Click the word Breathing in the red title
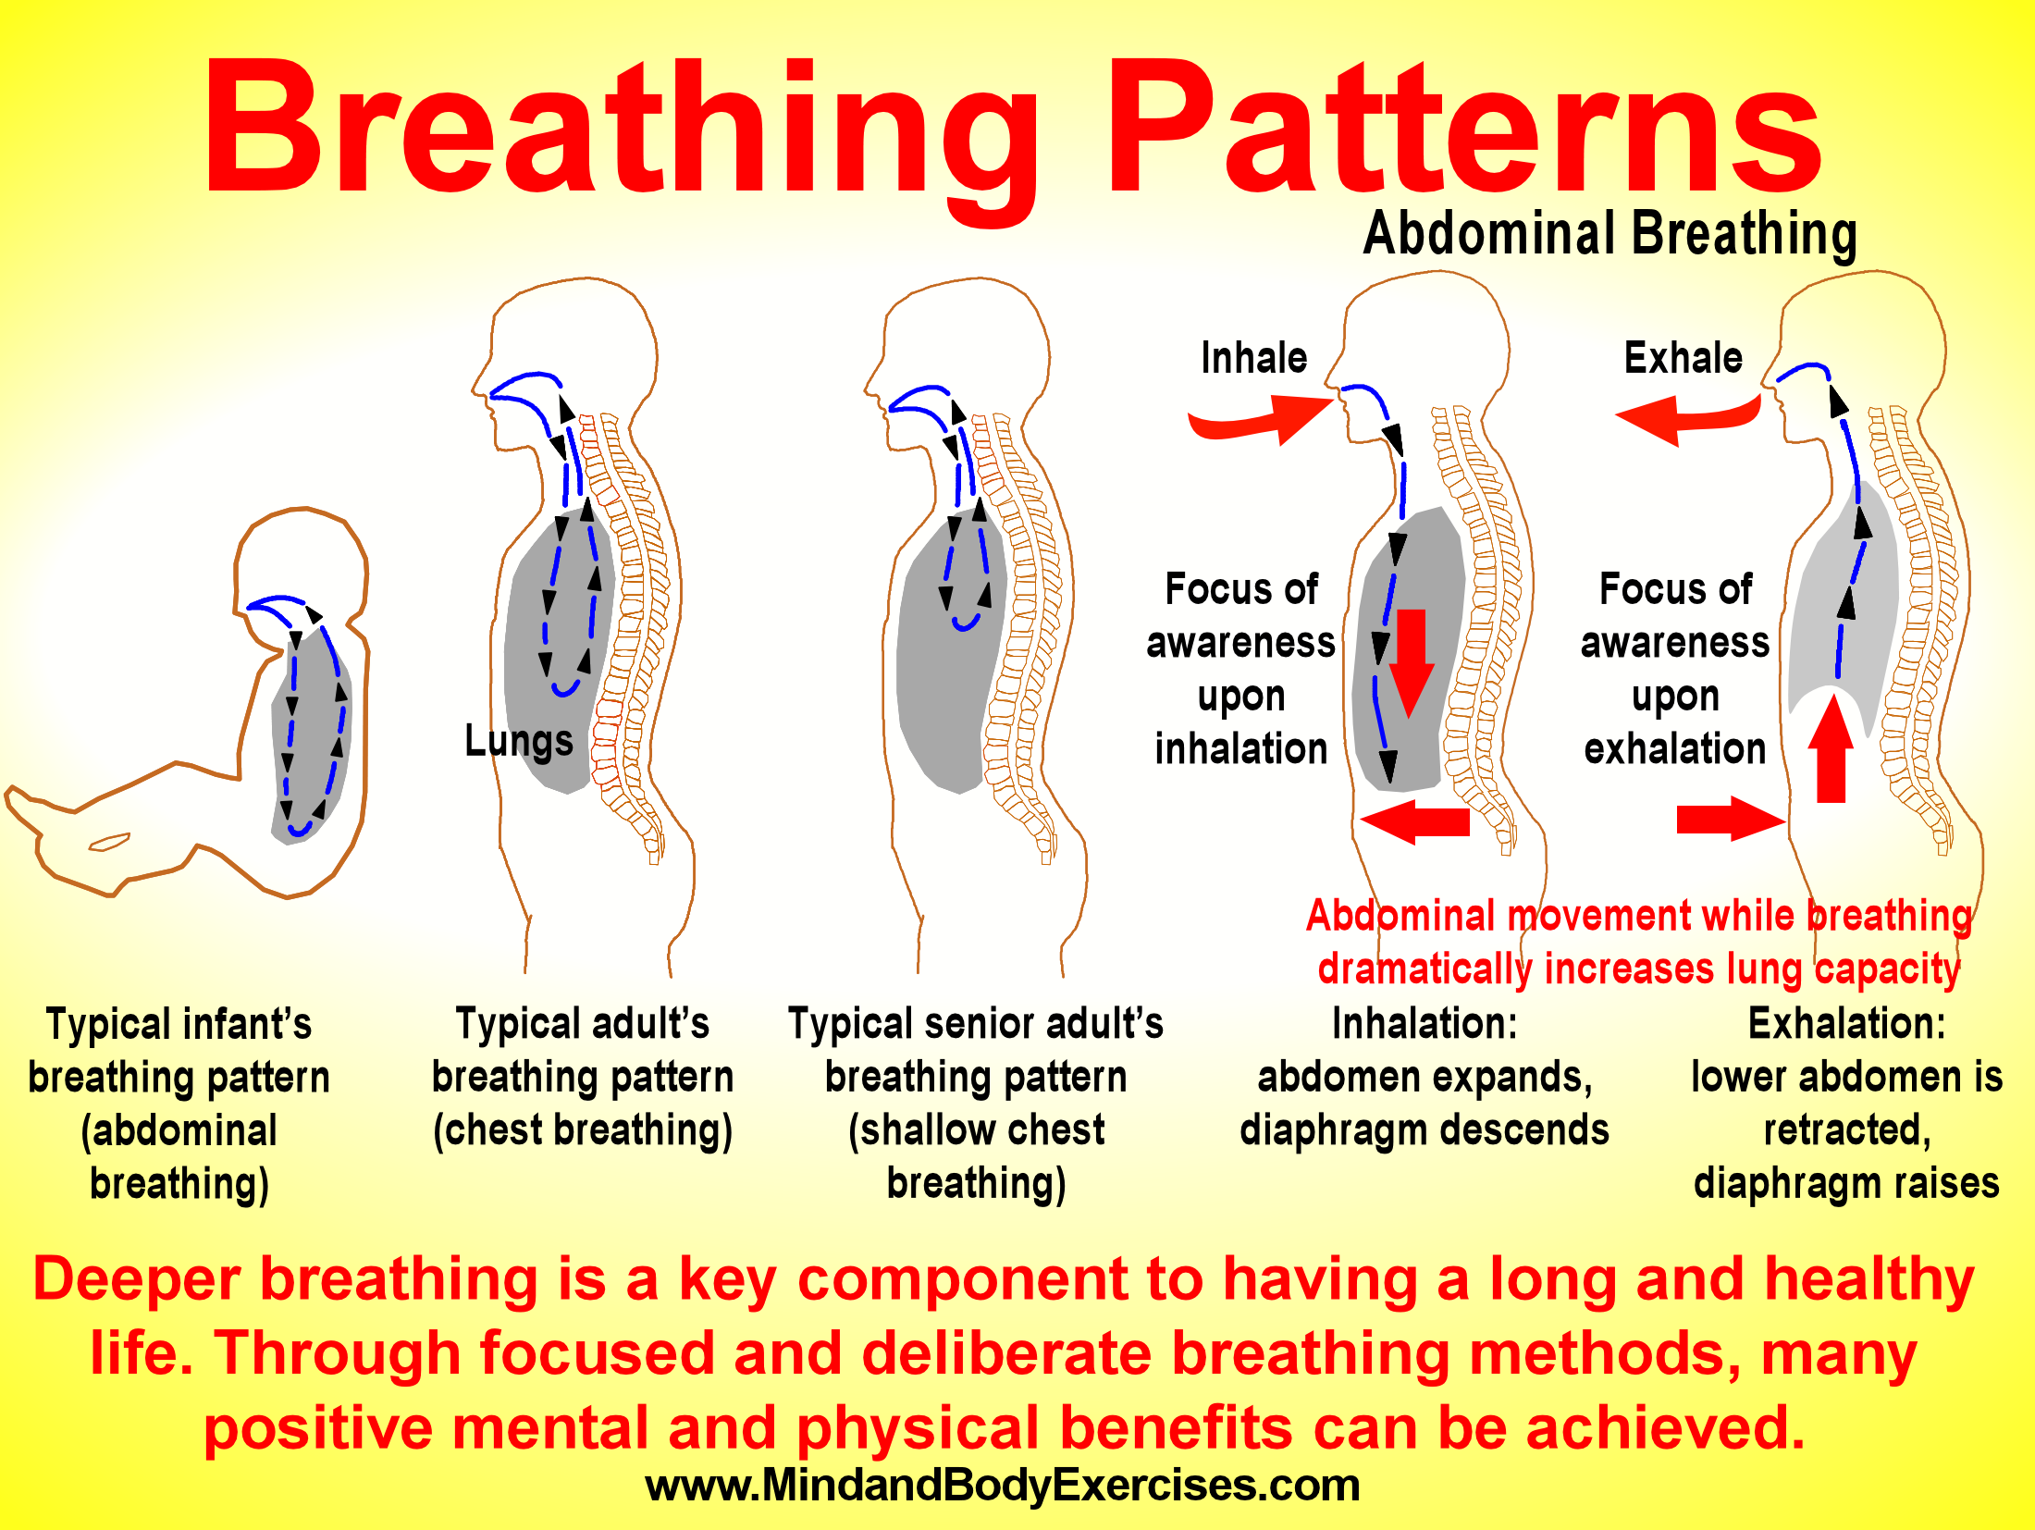click(620, 130)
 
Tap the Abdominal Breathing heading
click(1609, 233)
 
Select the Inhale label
click(1253, 358)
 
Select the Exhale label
click(1683, 358)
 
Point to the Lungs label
click(518, 741)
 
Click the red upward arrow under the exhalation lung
click(1831, 749)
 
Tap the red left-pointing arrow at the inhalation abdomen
click(1415, 821)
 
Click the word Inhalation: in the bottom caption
click(1424, 1024)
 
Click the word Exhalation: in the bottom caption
click(1846, 1024)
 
